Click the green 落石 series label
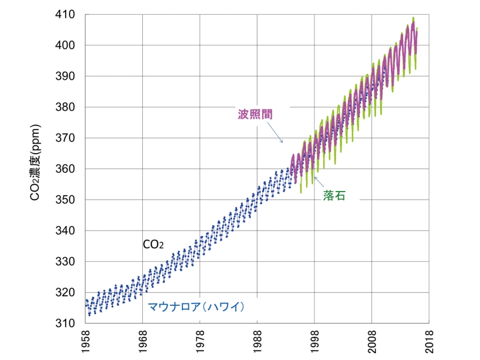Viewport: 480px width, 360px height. coord(334,196)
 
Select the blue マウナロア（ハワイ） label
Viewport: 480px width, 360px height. coord(195,307)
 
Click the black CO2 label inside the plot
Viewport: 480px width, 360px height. coord(153,245)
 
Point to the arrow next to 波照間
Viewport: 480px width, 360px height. coord(275,134)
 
